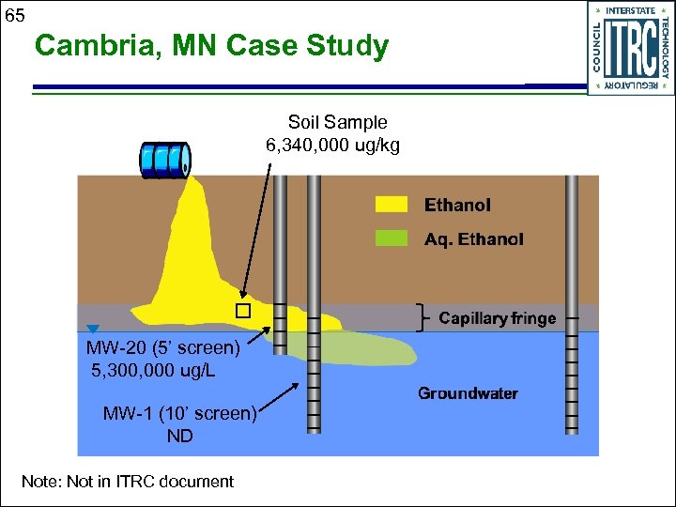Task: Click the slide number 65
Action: click(14, 14)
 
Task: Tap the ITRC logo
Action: click(630, 48)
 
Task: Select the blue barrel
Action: click(164, 160)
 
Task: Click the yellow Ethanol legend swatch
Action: click(392, 205)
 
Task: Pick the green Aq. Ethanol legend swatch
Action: click(392, 238)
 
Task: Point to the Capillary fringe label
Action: click(497, 318)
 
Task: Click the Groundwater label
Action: click(468, 392)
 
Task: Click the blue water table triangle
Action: click(92, 329)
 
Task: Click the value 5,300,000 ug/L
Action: click(153, 370)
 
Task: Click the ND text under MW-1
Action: click(179, 436)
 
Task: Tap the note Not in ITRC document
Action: click(128, 482)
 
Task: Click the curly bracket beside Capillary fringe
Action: click(423, 318)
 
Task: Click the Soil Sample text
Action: click(337, 122)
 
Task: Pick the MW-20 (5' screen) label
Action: click(163, 348)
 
